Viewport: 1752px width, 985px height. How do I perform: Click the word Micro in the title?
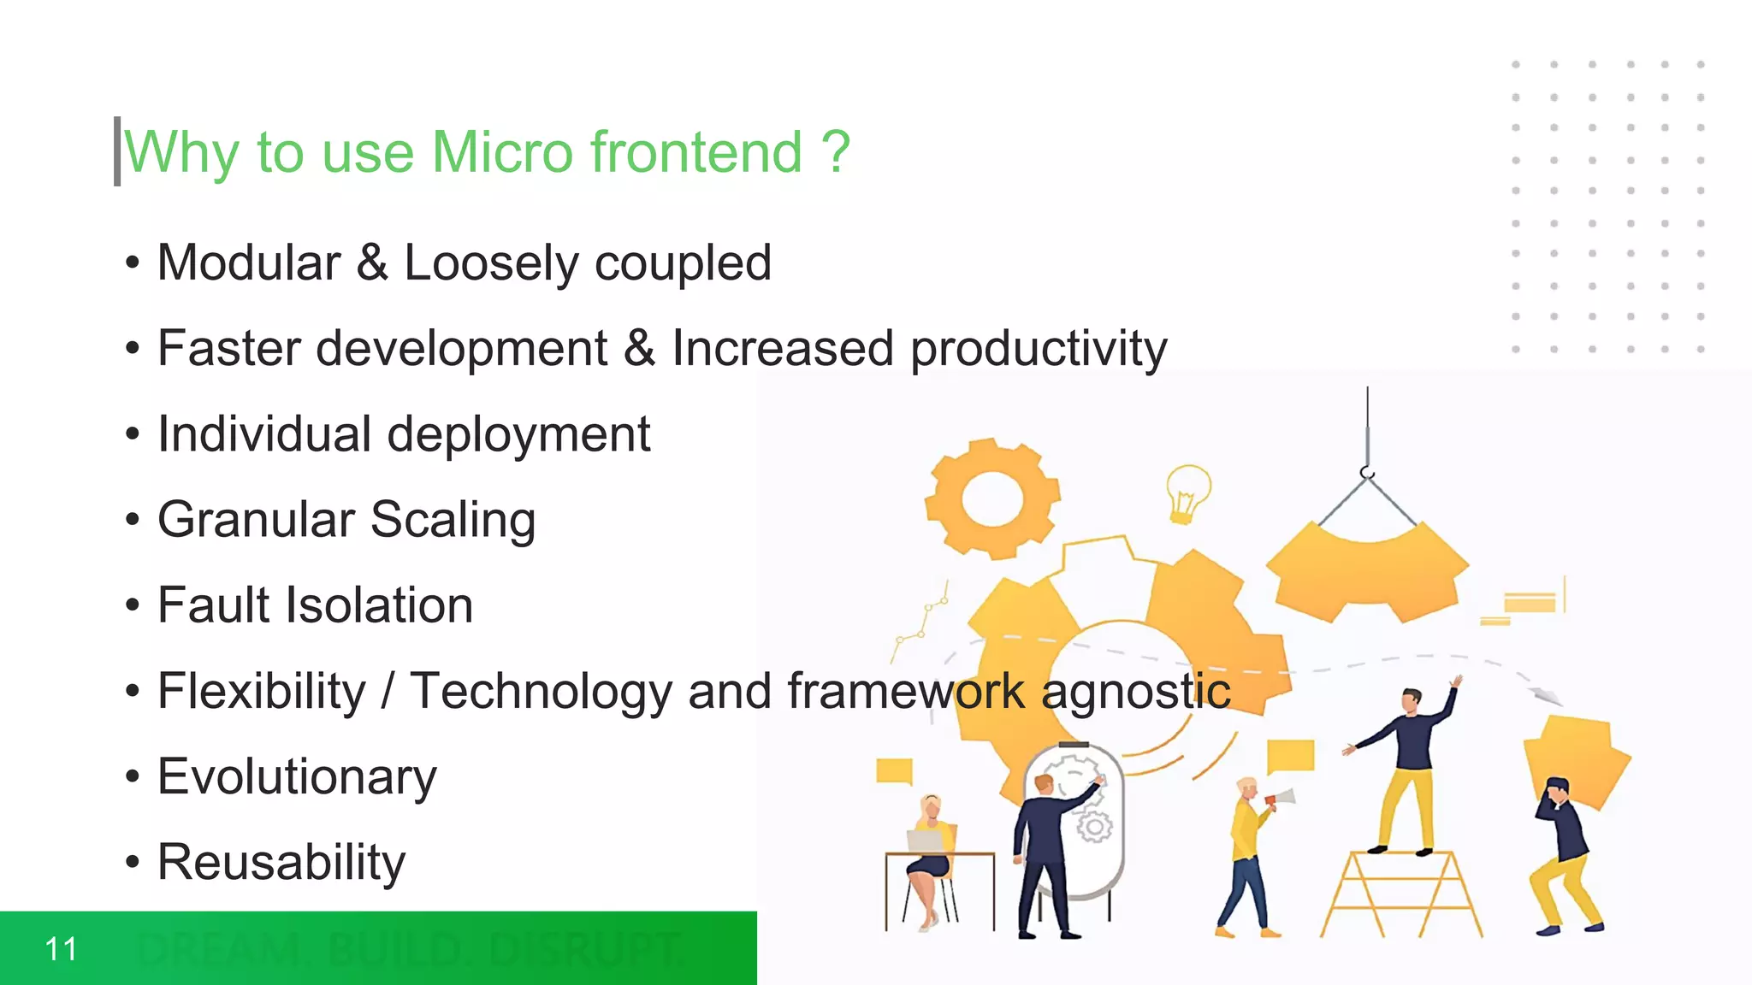click(x=502, y=152)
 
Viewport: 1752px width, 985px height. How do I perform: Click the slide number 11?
click(x=61, y=949)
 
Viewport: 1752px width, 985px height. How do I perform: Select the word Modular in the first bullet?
click(x=249, y=262)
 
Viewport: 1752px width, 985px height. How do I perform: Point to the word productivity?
click(x=1039, y=349)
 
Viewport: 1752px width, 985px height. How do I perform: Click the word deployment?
click(x=518, y=434)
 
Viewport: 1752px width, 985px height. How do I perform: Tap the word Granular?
click(x=256, y=520)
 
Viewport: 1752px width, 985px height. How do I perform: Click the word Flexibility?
click(x=262, y=691)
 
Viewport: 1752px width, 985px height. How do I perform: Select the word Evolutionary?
click(x=297, y=776)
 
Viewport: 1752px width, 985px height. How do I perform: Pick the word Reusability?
click(x=281, y=862)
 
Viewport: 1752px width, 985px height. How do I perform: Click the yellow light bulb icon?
click(x=1187, y=492)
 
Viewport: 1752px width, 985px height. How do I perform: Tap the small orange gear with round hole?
click(x=992, y=498)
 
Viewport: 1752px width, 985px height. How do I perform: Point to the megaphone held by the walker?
click(x=1280, y=799)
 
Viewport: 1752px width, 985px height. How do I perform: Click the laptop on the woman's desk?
click(x=925, y=841)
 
